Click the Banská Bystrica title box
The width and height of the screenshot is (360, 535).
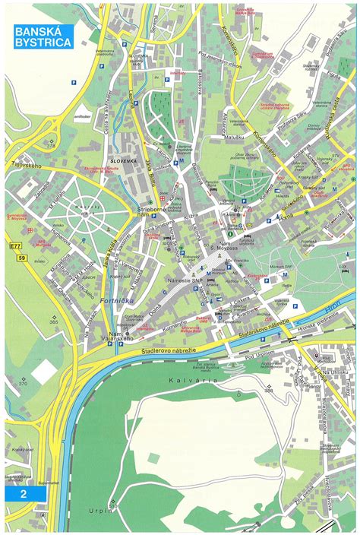(43, 36)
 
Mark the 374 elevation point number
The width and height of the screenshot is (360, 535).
(50, 147)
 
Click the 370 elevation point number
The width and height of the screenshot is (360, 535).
(23, 383)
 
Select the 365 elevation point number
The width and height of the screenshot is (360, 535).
(53, 322)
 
